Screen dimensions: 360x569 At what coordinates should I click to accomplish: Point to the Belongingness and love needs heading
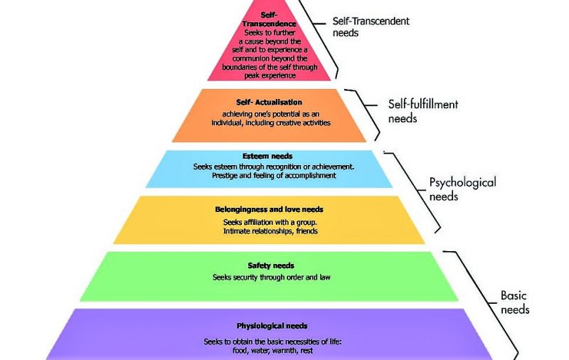click(269, 210)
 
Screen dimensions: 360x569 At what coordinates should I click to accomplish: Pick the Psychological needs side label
click(462, 189)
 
